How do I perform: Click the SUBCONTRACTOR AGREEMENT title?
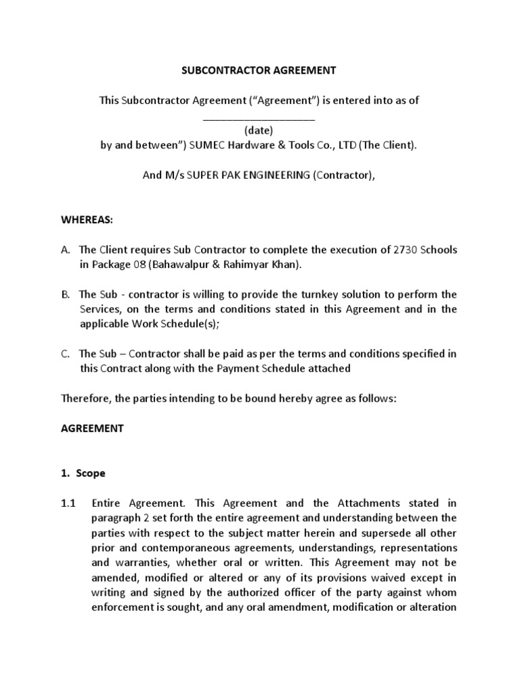click(259, 70)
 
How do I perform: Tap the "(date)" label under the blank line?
click(259, 130)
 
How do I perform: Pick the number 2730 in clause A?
click(405, 250)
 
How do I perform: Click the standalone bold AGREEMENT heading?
click(92, 429)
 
